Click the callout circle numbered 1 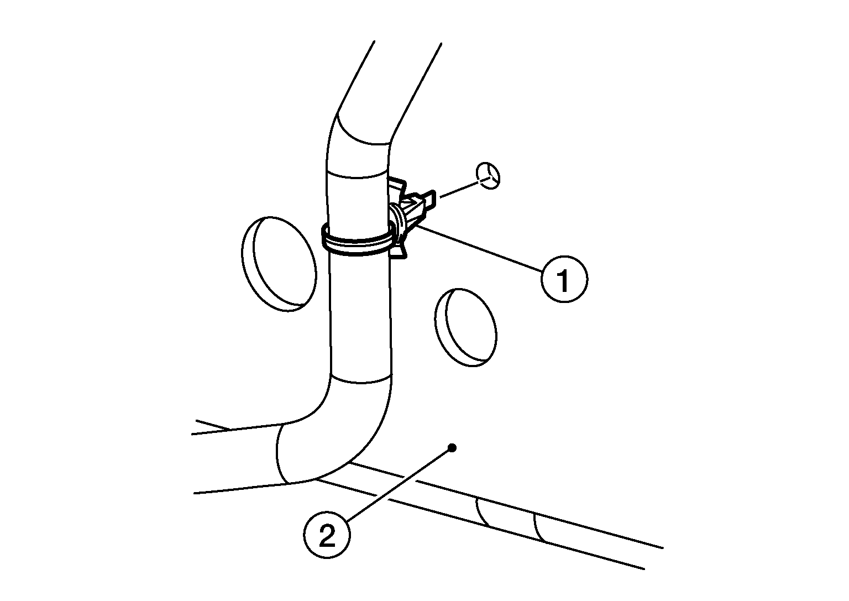[564, 279]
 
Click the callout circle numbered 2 [327, 535]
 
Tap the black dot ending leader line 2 [452, 448]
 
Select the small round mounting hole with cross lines [488, 176]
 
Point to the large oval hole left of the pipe [279, 264]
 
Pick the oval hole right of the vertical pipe [465, 327]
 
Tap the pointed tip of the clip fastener [434, 198]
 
